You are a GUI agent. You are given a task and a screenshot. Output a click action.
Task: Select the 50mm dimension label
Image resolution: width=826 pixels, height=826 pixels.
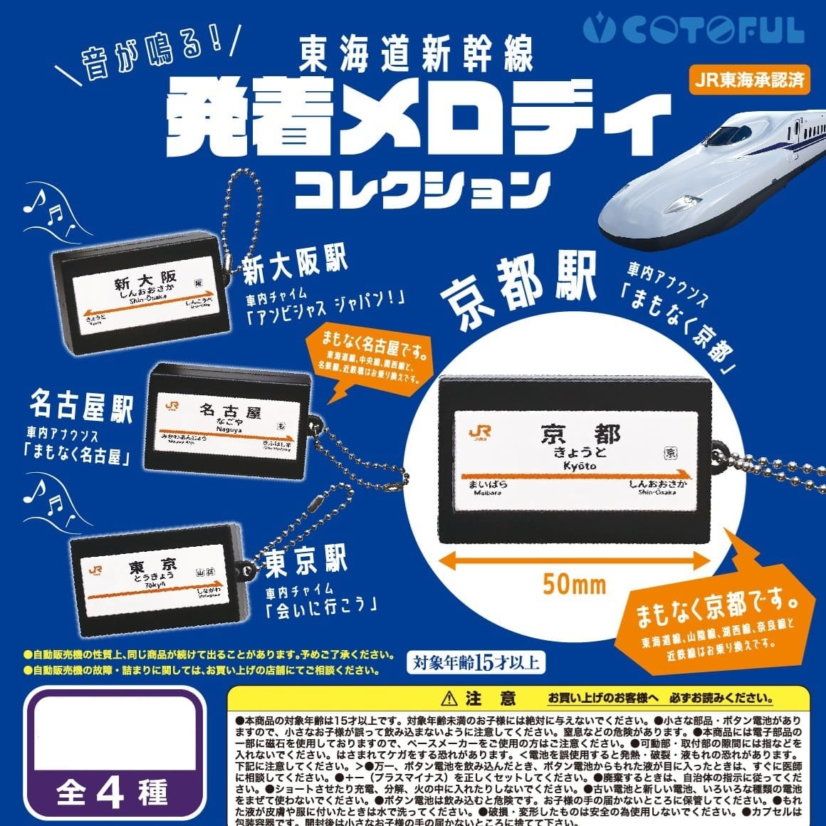click(x=574, y=585)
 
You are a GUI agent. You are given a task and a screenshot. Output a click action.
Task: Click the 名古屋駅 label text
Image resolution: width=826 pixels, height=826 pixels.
click(x=81, y=407)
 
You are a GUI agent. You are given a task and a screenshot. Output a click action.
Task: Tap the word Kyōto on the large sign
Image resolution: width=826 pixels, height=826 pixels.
click(x=579, y=466)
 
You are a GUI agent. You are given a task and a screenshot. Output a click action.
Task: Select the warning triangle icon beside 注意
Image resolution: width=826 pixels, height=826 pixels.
click(x=448, y=698)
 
